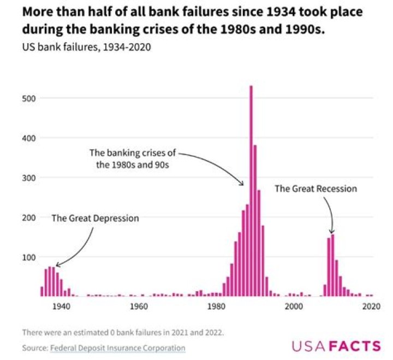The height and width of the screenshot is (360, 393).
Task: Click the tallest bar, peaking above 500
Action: pos(251,191)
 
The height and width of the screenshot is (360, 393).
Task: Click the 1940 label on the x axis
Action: pos(61,306)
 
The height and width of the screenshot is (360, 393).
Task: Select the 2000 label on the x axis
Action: pos(294,306)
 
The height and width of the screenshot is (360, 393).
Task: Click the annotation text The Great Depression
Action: pos(96,218)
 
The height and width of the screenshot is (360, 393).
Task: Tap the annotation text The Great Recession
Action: pos(315,188)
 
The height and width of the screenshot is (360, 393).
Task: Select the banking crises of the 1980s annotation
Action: pos(133,159)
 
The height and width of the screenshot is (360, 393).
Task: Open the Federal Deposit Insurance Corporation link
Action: pos(117,347)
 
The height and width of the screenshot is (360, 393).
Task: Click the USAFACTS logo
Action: pos(336,346)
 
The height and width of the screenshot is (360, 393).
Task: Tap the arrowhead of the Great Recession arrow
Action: pos(331,232)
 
